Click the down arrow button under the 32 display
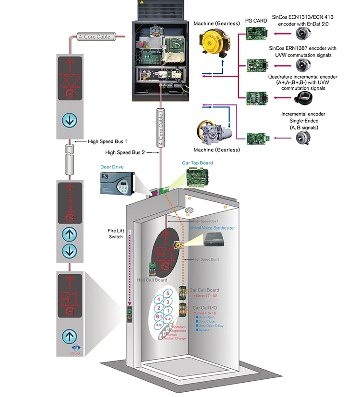(x=70, y=119)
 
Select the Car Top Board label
(x=197, y=163)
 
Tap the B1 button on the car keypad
(x=157, y=317)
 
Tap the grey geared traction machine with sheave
(x=214, y=132)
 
